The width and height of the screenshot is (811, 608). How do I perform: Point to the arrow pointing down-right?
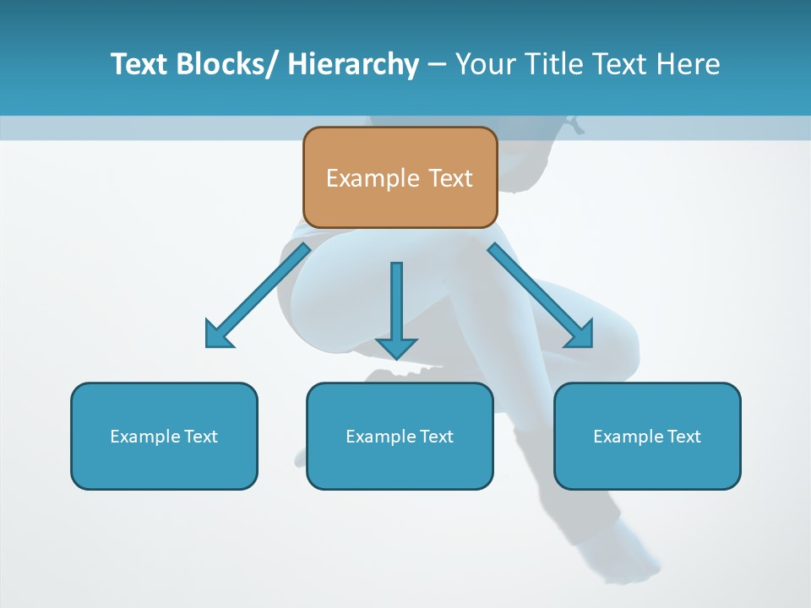tap(541, 296)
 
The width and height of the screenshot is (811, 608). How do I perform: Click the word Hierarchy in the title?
tap(353, 64)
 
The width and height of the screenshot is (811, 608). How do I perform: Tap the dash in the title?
tap(437, 64)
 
